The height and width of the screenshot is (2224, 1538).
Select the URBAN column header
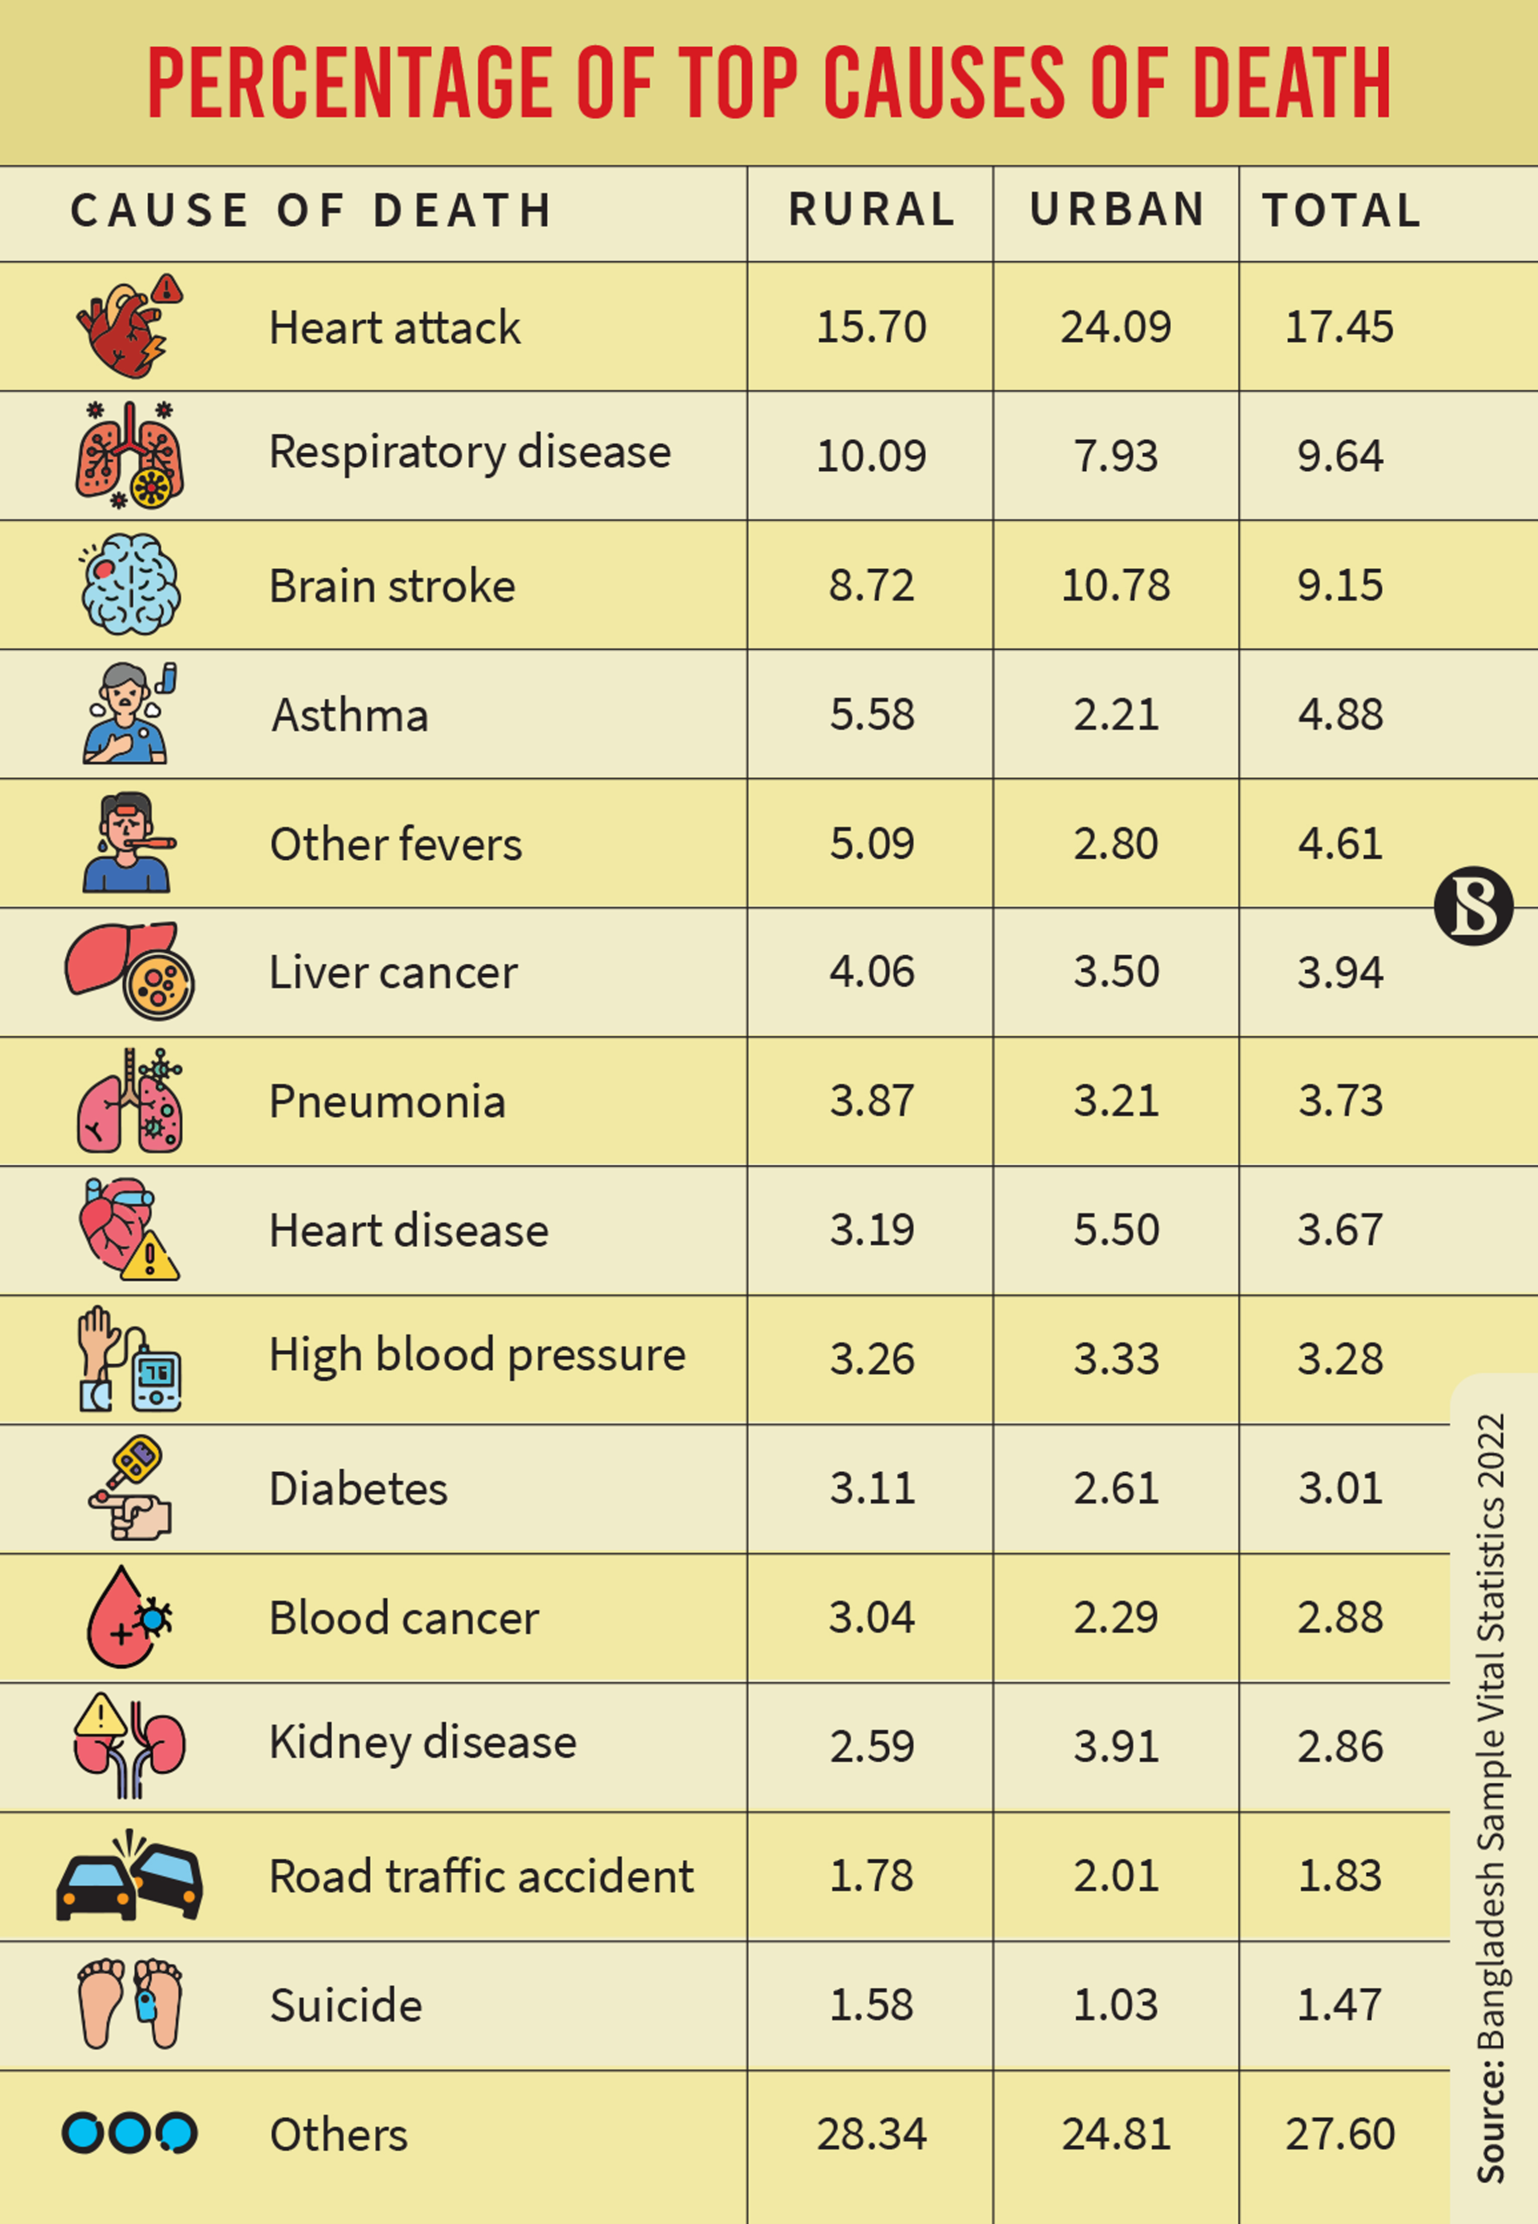tap(1116, 210)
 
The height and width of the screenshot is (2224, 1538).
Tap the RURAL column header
tap(871, 210)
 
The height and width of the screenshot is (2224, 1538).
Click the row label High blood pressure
tap(477, 1355)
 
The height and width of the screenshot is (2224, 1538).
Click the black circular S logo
tap(1473, 906)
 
